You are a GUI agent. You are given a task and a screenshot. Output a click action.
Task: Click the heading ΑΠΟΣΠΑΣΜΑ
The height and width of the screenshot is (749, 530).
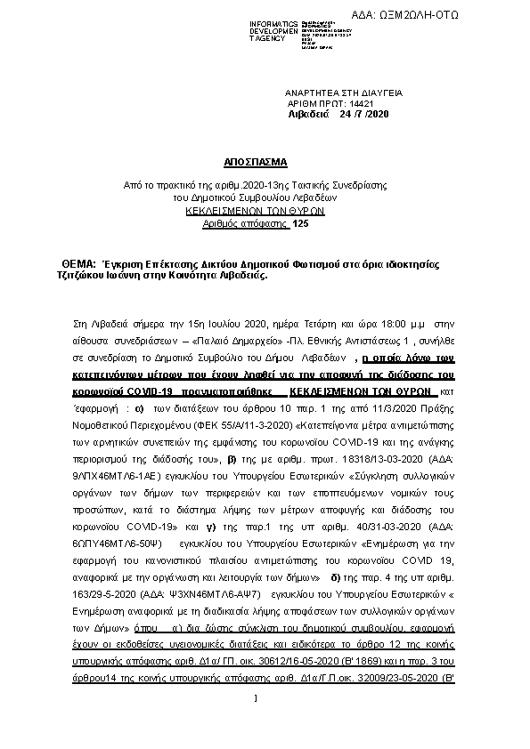pos(256,163)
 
